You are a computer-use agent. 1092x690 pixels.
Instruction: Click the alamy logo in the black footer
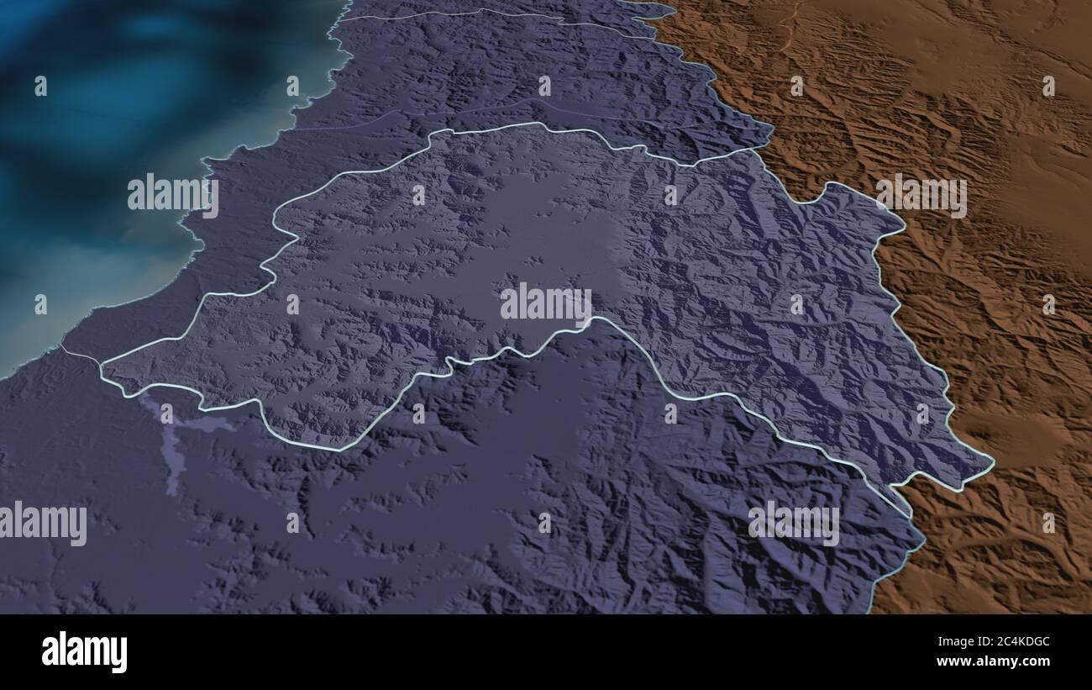[84, 651]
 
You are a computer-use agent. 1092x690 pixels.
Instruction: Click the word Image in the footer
[937, 643]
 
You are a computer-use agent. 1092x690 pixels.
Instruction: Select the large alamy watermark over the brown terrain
[921, 196]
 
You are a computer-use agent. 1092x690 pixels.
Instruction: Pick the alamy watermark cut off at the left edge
[44, 523]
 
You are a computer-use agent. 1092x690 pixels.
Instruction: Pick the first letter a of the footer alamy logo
[50, 652]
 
